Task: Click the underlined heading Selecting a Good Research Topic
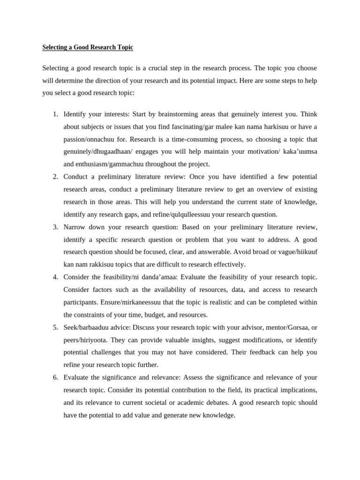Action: coord(88,47)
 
